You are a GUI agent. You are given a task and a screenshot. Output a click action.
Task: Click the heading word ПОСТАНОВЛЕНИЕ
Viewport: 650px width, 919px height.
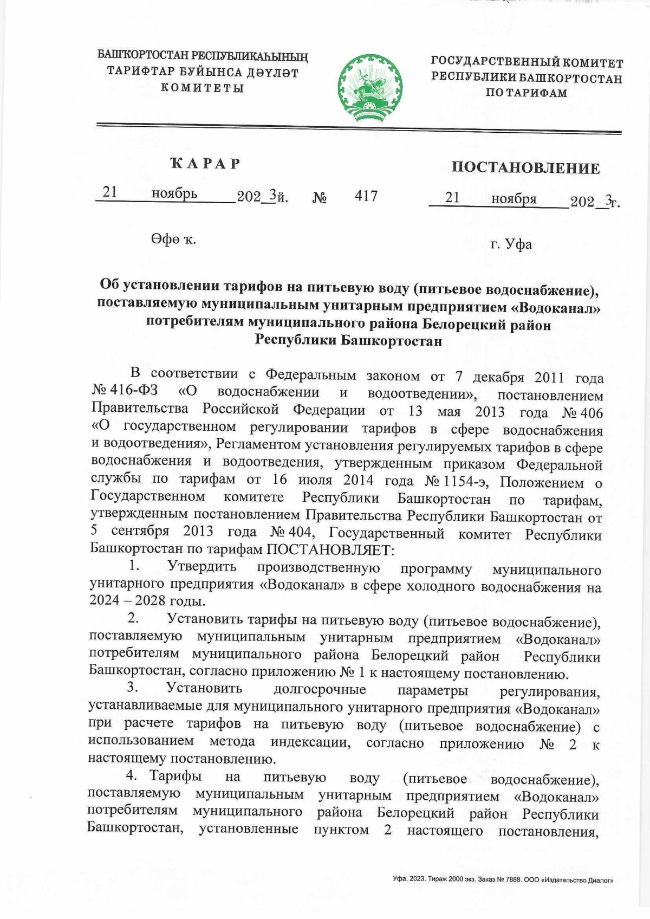(525, 168)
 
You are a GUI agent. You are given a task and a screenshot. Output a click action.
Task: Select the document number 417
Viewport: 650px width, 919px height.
(366, 196)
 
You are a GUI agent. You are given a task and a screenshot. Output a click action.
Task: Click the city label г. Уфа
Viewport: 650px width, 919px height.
(511, 244)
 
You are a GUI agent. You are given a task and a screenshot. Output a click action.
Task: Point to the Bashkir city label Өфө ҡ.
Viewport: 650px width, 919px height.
(173, 240)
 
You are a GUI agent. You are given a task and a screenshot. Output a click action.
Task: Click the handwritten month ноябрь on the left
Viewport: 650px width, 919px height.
(174, 193)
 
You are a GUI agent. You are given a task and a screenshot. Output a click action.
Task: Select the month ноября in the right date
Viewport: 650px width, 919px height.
(513, 199)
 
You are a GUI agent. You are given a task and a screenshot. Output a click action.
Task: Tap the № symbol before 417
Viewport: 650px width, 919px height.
(319, 198)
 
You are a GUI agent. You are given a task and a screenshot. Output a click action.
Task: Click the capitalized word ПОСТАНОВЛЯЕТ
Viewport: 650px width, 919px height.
(330, 551)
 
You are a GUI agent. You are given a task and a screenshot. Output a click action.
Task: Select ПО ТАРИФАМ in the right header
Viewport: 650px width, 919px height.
(526, 93)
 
